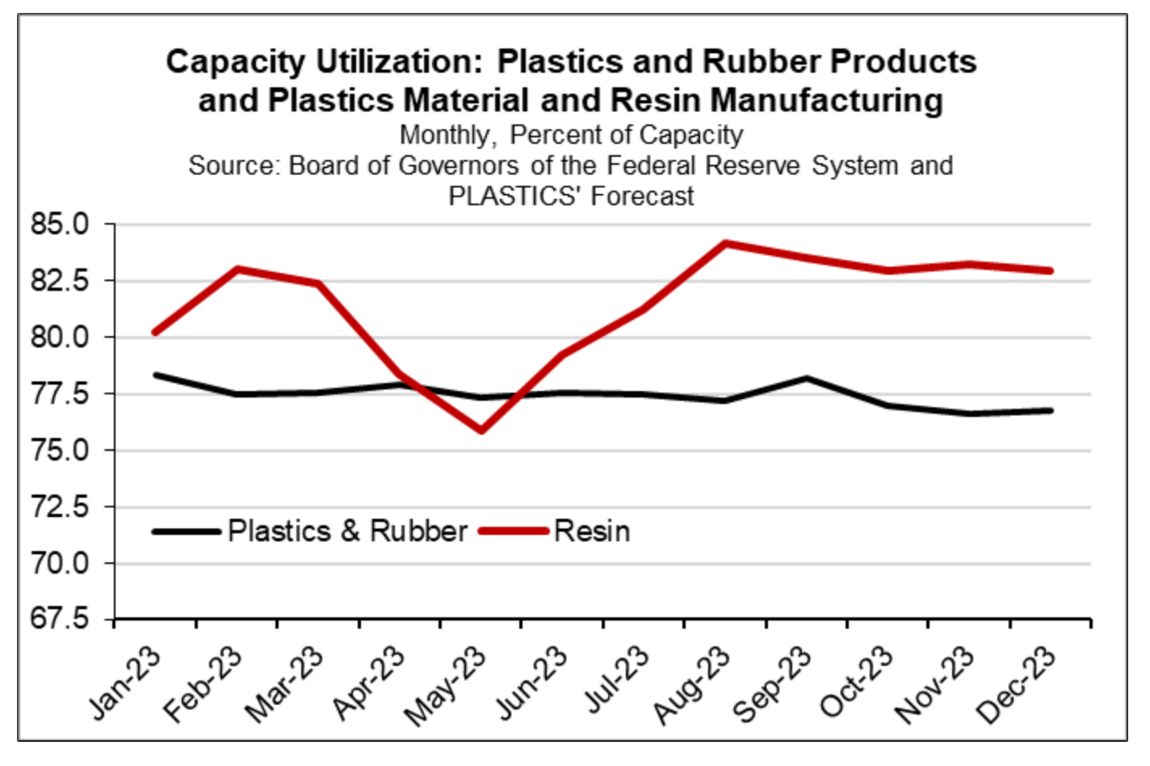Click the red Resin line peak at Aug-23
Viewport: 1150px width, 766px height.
click(x=724, y=243)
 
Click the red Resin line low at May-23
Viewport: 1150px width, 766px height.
click(x=481, y=430)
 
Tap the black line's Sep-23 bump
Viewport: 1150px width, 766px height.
click(x=806, y=378)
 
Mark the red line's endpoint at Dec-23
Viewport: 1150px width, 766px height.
click(x=1050, y=271)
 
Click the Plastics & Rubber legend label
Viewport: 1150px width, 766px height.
click(x=347, y=531)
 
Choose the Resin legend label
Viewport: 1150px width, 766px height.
click(x=592, y=531)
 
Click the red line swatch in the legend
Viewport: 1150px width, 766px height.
click(x=514, y=531)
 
